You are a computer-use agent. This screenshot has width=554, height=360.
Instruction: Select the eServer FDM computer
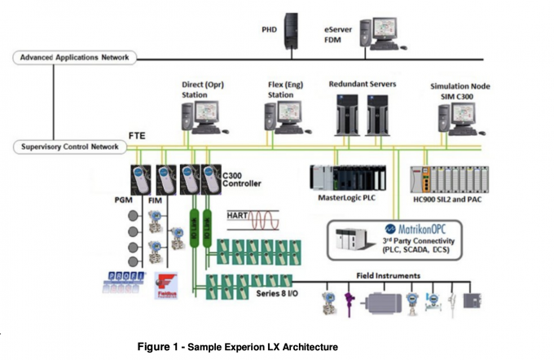tap(380, 34)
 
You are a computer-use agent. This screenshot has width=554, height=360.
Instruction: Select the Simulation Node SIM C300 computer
tap(459, 118)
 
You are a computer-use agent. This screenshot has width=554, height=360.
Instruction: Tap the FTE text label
tap(137, 135)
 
